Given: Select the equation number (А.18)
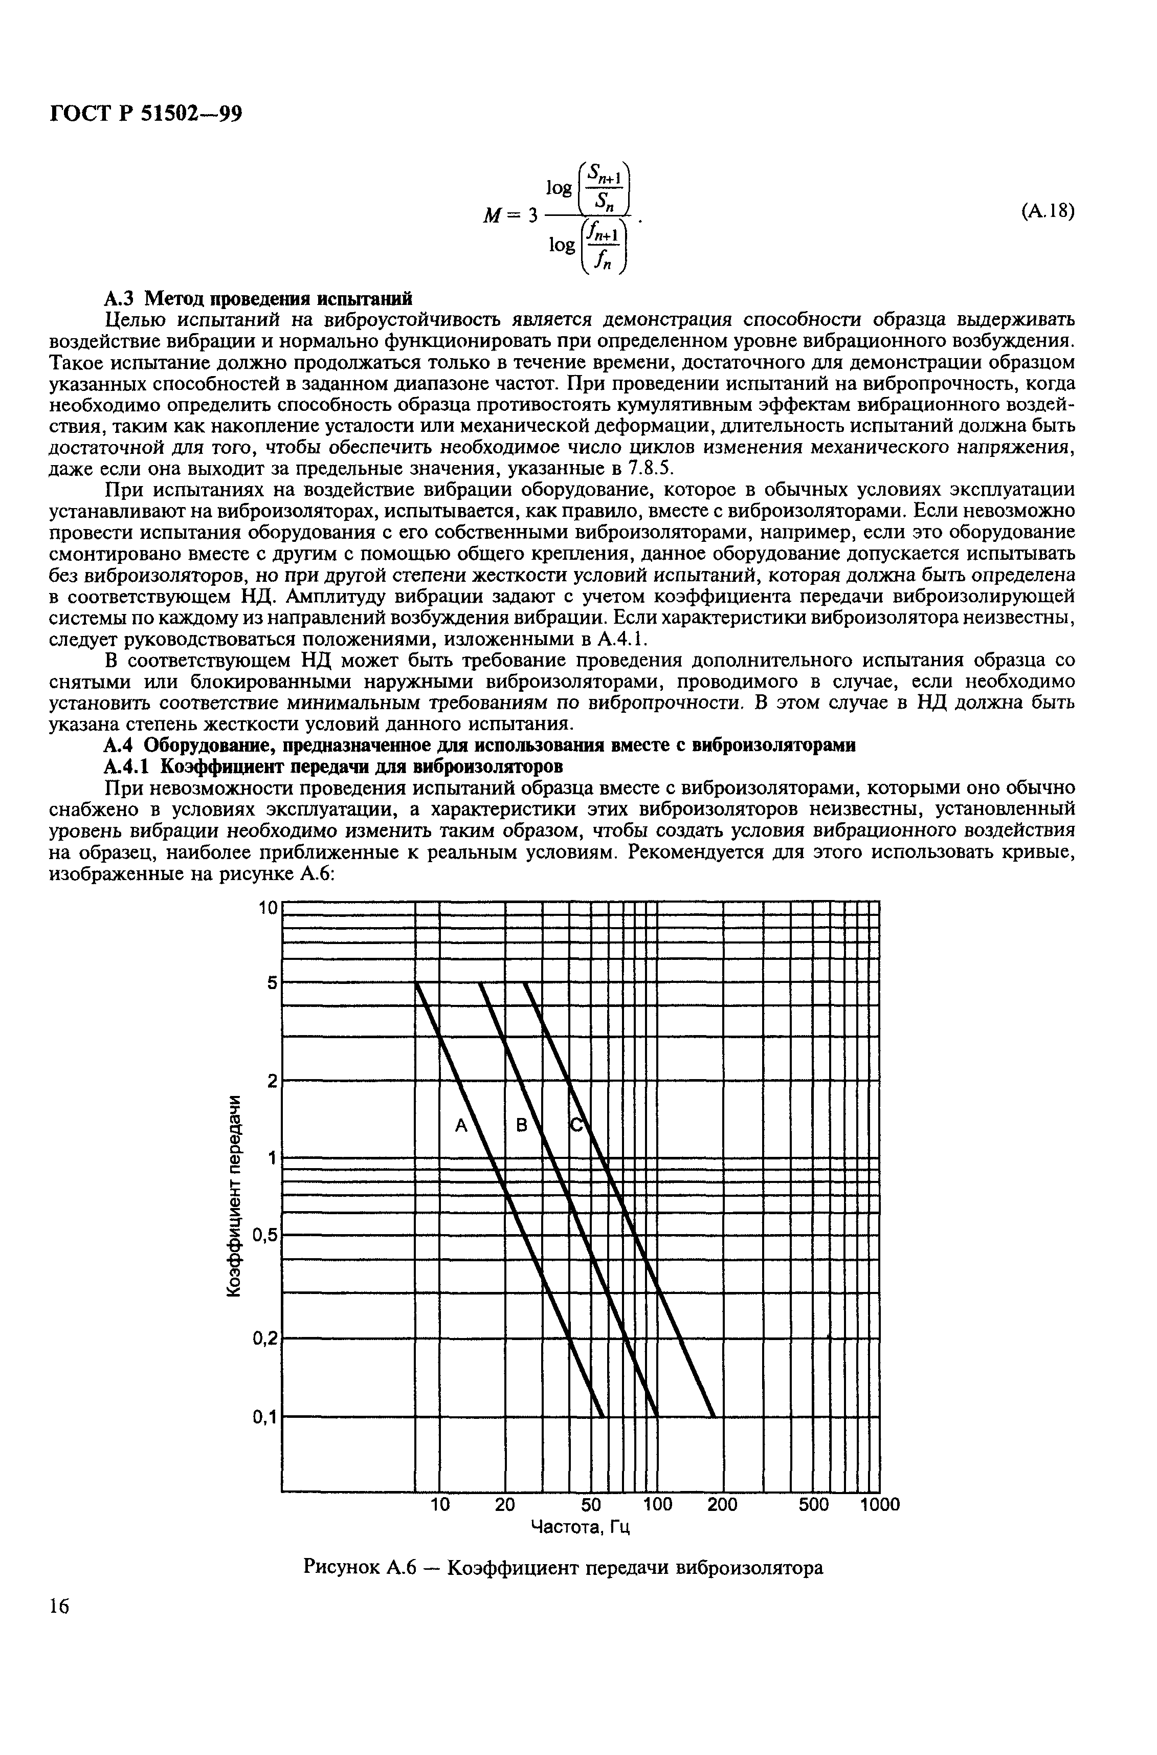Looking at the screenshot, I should pos(1047,212).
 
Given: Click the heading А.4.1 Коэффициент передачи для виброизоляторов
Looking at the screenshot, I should pos(336,766).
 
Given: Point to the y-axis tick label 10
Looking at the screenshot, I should pos(267,909).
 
